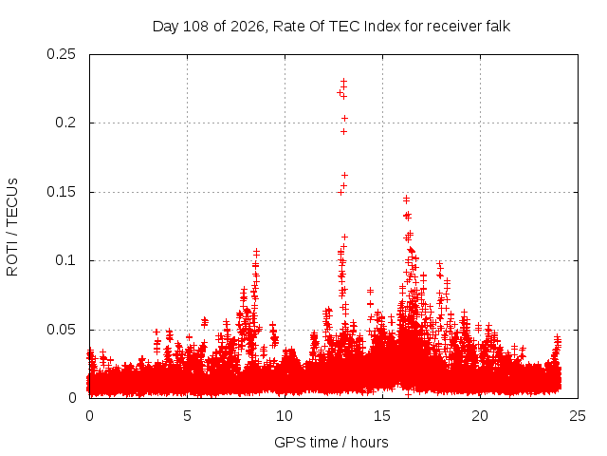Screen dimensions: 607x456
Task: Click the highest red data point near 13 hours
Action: point(343,82)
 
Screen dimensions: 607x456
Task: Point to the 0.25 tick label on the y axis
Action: point(61,54)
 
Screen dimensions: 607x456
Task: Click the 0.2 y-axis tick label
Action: point(65,123)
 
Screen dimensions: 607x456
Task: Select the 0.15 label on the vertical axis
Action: point(61,192)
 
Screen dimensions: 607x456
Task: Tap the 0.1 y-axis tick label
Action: point(65,260)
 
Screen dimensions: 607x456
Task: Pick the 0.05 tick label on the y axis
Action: point(61,330)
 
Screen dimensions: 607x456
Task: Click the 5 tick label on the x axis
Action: point(188,416)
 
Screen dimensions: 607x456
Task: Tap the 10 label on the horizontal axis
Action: point(285,416)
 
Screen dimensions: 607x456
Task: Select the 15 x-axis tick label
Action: point(382,416)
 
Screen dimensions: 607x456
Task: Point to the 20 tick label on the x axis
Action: point(480,416)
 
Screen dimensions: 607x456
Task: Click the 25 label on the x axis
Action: point(578,416)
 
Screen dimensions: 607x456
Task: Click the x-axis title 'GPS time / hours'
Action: point(331,442)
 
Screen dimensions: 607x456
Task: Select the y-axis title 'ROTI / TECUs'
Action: point(12,227)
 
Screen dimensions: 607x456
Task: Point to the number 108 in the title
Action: point(196,27)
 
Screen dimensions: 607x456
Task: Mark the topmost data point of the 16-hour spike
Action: point(406,199)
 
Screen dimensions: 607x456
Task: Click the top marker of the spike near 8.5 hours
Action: point(256,253)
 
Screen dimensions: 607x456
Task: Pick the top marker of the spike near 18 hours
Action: point(439,264)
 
